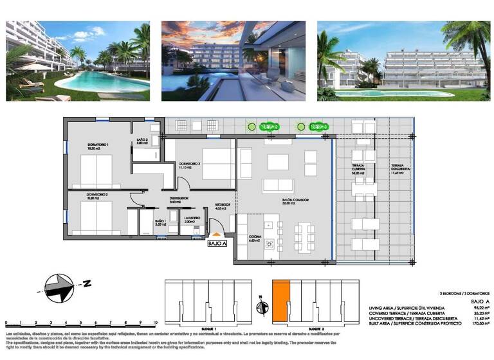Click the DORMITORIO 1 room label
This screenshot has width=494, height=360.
pyautogui.click(x=98, y=145)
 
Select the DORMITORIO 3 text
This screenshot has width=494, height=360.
pyautogui.click(x=190, y=164)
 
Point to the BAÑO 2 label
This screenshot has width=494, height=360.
pyautogui.click(x=143, y=140)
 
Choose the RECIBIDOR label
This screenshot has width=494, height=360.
pyautogui.click(x=222, y=205)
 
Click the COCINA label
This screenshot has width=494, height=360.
pyautogui.click(x=255, y=237)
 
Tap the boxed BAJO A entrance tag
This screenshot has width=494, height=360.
pyautogui.click(x=217, y=244)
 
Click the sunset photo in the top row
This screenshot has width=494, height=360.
pyautogui.click(x=233, y=61)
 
